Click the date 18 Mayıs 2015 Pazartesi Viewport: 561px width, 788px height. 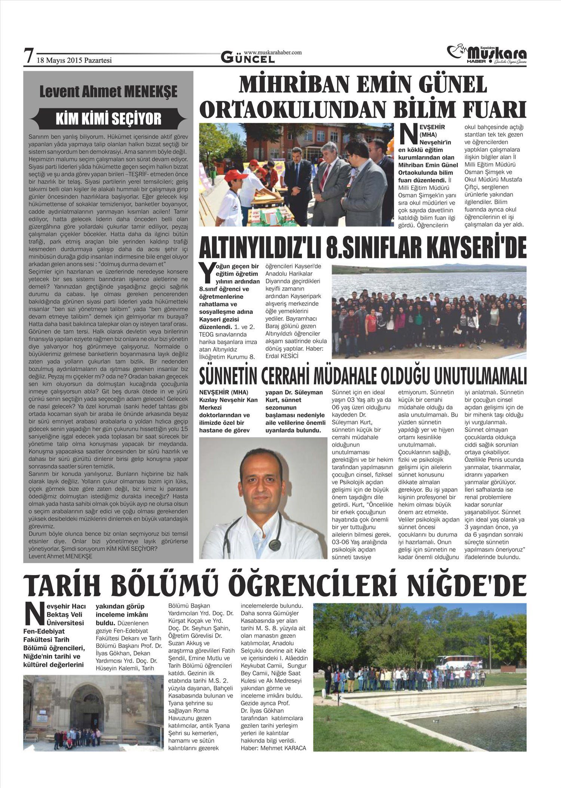click(74, 60)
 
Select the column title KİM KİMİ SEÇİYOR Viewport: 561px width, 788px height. click(108, 119)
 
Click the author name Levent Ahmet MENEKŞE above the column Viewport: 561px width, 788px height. click(108, 92)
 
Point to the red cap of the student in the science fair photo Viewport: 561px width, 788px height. click(226, 175)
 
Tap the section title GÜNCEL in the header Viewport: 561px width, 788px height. click(243, 58)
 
